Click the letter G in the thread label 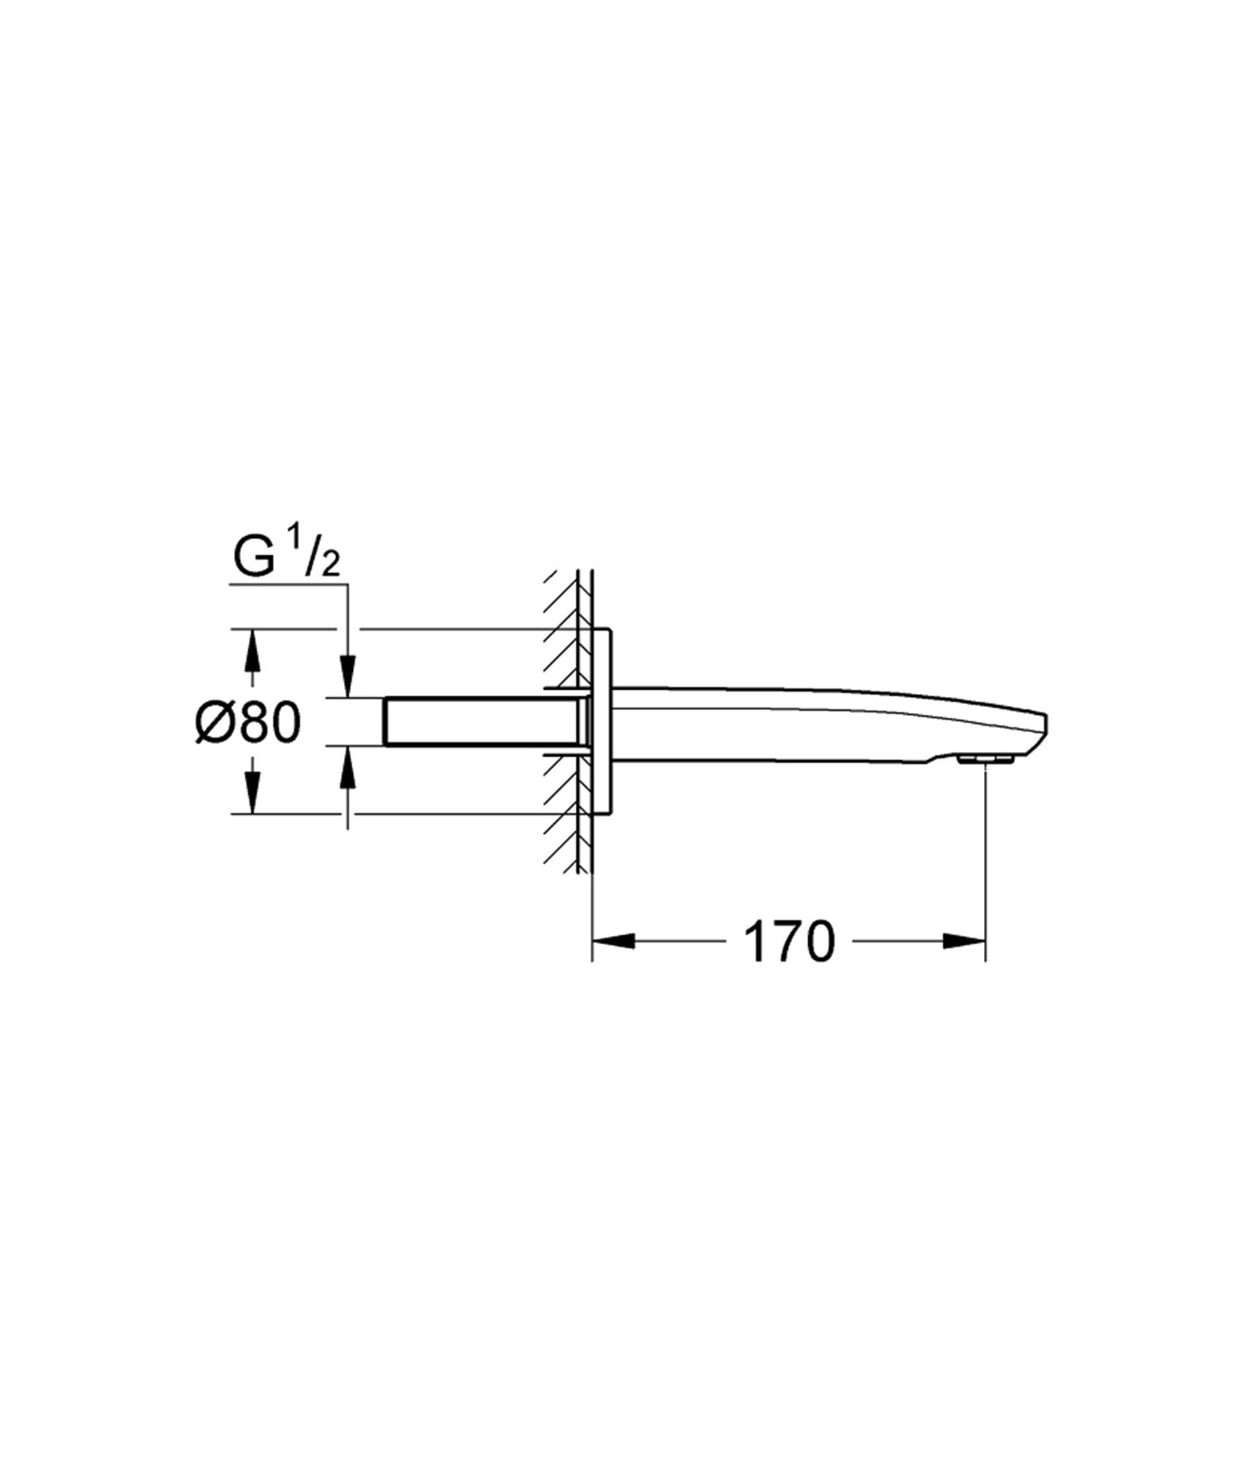[254, 558]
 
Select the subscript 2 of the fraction [330, 566]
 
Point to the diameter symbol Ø [218, 723]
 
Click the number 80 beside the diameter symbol [272, 723]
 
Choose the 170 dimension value [788, 941]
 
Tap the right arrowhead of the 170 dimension [964, 941]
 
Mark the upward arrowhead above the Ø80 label [253, 650]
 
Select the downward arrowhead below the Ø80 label [253, 793]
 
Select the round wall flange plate [603, 722]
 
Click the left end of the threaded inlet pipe [387, 721]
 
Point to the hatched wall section [567, 722]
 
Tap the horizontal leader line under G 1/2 [289, 585]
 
